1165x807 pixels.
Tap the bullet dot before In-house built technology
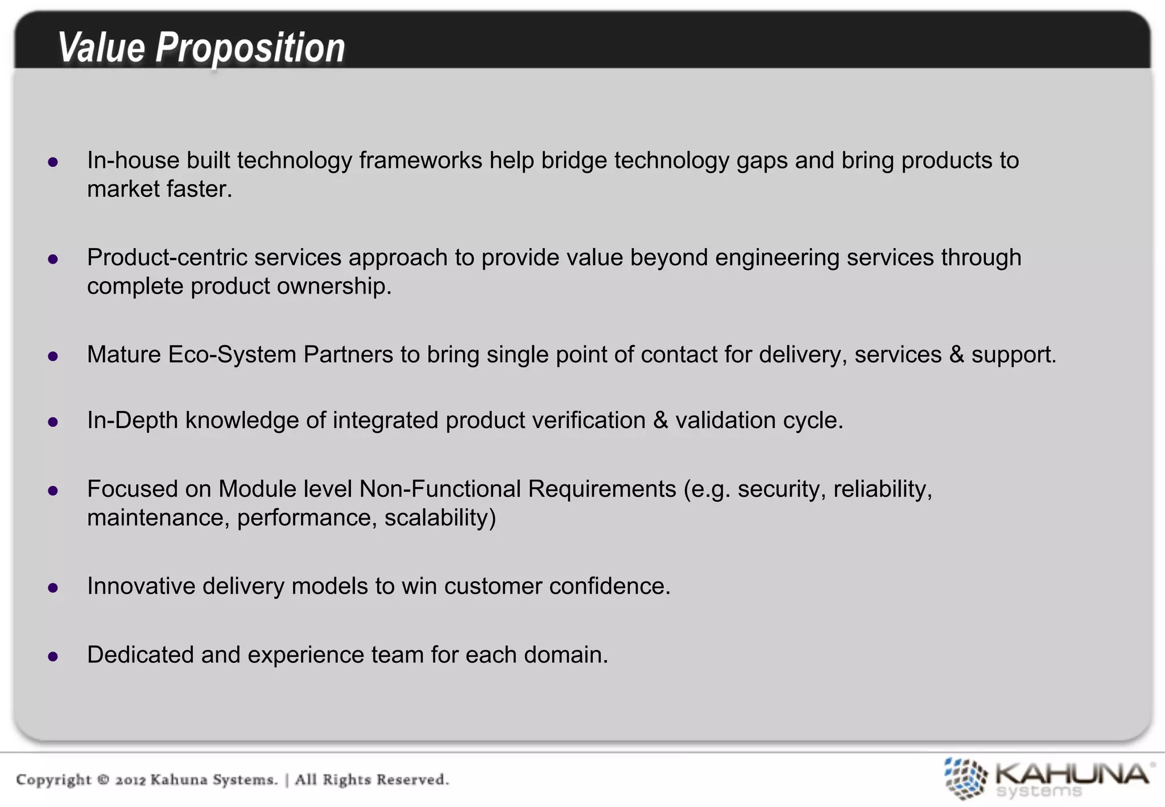click(53, 162)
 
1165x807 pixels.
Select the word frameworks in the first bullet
click(420, 160)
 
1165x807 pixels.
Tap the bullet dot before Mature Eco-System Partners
click(53, 356)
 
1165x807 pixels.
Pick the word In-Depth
click(132, 421)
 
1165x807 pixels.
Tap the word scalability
click(440, 518)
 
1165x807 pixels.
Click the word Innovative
click(141, 586)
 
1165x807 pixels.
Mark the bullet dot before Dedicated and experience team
click(53, 657)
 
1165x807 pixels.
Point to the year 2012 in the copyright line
click(131, 780)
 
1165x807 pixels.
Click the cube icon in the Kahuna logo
click(965, 778)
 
